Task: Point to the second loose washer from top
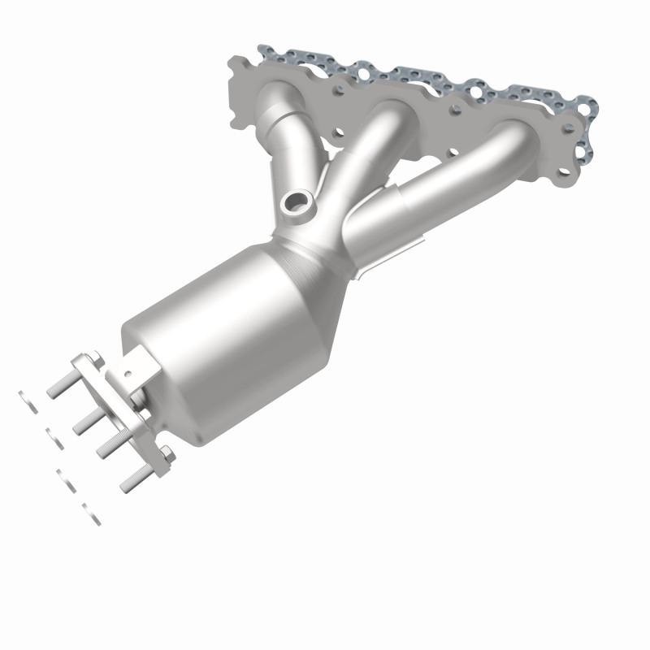tap(54, 440)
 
